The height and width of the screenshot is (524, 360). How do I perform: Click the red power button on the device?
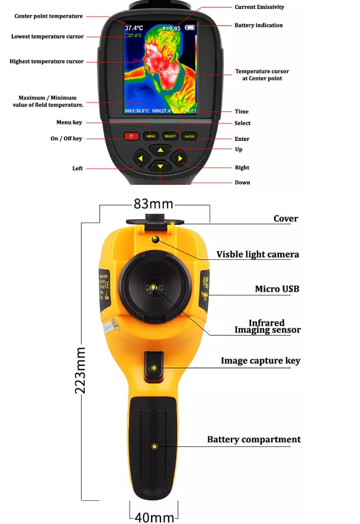[131, 136]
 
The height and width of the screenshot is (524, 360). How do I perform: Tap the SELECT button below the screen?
[170, 136]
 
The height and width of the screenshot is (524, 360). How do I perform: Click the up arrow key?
[160, 150]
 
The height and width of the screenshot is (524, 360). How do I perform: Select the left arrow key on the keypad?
[141, 159]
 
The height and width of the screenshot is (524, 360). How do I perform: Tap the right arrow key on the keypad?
[179, 159]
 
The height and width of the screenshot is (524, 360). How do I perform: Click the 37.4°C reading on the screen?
[134, 28]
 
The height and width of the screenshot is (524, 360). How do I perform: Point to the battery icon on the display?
[190, 27]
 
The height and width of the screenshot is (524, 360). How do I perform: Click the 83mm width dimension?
[153, 204]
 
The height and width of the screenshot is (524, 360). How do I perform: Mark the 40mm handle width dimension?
[154, 516]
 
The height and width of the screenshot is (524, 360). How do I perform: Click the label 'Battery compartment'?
[253, 439]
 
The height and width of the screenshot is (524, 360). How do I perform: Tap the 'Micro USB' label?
[277, 289]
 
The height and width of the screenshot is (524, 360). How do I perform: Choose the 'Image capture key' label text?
[261, 361]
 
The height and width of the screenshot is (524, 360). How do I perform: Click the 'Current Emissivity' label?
[259, 7]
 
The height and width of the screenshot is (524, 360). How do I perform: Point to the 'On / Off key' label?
[66, 139]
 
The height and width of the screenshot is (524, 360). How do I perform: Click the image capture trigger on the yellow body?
[154, 367]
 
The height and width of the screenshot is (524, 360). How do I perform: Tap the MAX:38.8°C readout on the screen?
[137, 111]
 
